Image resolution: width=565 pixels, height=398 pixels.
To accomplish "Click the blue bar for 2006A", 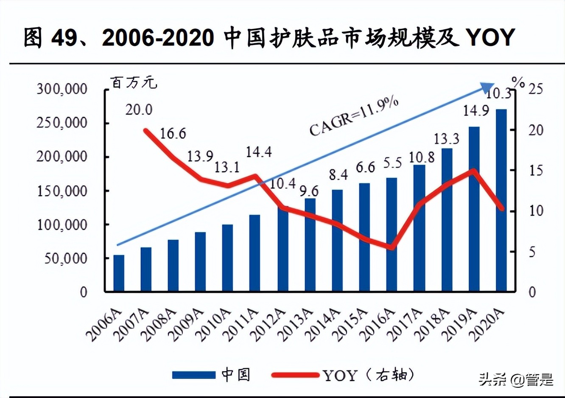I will coord(119,273).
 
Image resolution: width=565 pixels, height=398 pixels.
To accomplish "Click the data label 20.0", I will coord(139,110).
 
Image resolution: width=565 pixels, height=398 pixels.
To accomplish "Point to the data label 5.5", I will coord(392,163).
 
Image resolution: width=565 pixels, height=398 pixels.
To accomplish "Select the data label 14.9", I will coord(475,111).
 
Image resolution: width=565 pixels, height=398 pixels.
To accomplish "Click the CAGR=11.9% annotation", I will coord(354,116).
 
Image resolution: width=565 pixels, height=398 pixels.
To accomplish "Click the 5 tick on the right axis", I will coord(532,252).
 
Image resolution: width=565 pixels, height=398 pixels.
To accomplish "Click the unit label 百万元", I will coord(134,82).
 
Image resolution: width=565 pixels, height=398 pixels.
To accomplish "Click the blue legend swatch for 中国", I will coord(194,375).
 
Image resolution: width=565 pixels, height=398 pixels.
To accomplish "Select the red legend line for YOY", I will coord(295,375).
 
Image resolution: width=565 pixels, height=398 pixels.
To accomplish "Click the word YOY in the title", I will coord(491,37).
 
